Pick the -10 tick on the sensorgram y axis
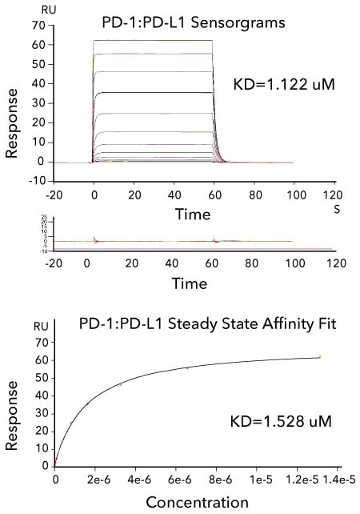(x=34, y=180)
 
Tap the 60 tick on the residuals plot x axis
(x=214, y=263)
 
